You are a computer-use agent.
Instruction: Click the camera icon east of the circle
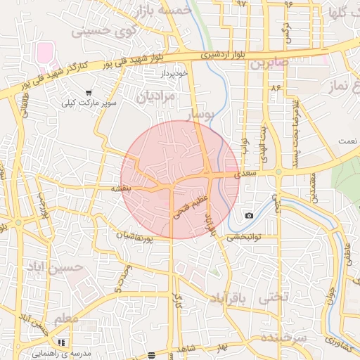(x=249, y=215)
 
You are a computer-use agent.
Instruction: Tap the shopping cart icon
(x=89, y=92)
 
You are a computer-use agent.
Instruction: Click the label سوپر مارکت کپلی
(x=86, y=103)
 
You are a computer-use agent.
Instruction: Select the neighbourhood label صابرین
(x=268, y=63)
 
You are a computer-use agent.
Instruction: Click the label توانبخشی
(x=243, y=238)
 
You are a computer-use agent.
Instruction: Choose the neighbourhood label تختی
(x=274, y=297)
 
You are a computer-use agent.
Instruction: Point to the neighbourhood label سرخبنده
(x=284, y=337)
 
